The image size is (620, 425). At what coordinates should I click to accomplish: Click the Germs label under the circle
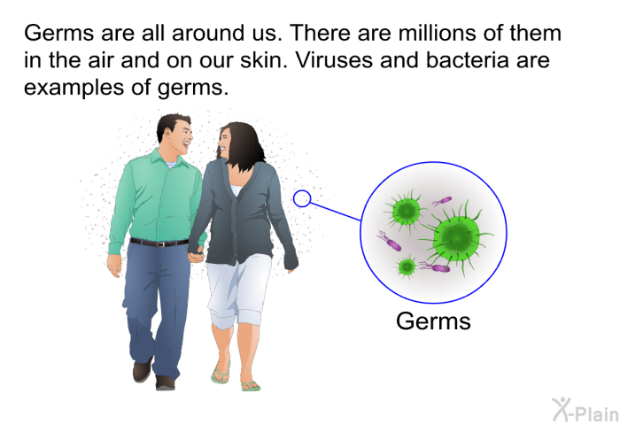(433, 321)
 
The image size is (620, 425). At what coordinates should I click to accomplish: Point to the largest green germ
(456, 236)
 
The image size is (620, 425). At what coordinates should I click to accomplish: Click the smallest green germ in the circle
(407, 267)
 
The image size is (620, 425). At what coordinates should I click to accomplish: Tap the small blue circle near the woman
(302, 198)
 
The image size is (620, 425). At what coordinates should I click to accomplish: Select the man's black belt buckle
(160, 243)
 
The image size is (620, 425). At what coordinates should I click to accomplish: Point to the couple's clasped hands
(196, 255)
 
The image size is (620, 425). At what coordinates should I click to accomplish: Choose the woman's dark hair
(242, 145)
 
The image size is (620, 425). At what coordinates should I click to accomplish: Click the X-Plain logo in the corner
(585, 410)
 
